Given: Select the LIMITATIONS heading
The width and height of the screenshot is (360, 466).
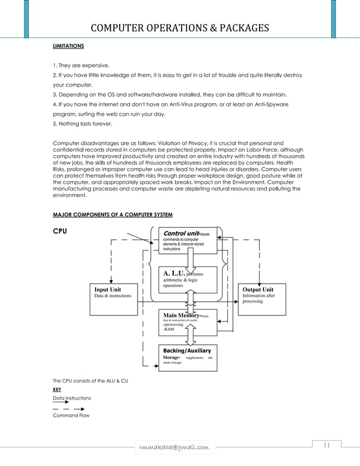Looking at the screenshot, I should [68, 45].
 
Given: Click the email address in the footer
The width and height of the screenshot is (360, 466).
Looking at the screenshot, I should [174, 447].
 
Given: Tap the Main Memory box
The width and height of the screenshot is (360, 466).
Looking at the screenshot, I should [186, 324].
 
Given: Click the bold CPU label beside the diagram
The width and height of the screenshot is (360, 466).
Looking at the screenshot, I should [61, 231].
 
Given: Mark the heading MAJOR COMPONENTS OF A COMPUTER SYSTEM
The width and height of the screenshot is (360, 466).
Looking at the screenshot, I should [112, 215].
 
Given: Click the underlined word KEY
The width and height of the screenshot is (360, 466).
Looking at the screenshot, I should [57, 389].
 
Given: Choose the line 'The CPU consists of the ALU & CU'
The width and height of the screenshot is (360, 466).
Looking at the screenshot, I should [90, 381].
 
